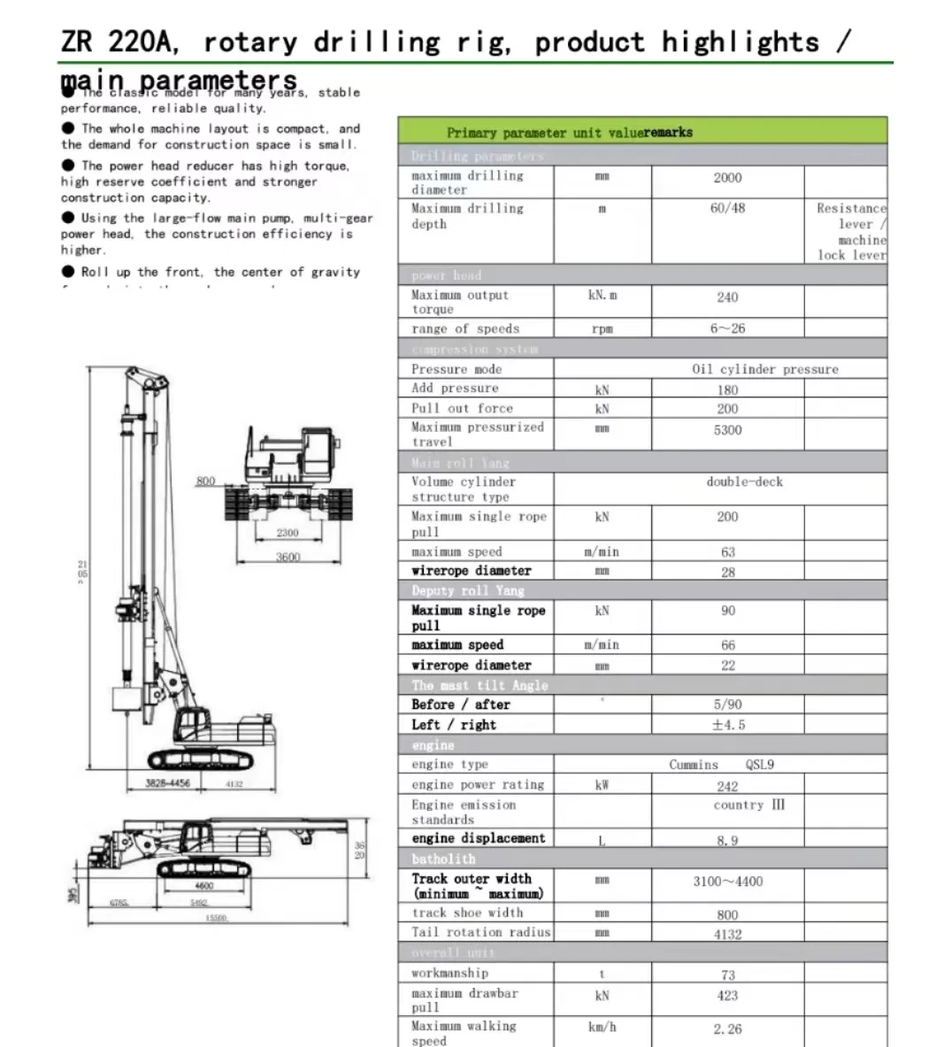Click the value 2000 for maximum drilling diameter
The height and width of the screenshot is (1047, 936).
[727, 178]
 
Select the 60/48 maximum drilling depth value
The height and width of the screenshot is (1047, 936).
[727, 209]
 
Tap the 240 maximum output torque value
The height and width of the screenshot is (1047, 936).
[727, 297]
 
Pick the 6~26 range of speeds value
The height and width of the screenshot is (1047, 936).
[727, 328]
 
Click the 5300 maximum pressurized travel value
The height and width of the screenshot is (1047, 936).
[727, 430]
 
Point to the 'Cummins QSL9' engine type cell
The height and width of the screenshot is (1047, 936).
[721, 765]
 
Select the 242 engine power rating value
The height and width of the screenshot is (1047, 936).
[727, 786]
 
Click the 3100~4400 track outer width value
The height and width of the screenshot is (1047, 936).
[727, 881]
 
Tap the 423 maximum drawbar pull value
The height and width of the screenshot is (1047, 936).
[727, 996]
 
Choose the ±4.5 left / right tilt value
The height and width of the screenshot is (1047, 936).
[729, 725]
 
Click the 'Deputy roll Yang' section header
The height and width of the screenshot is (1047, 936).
[468, 591]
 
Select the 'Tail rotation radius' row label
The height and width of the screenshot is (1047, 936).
[480, 932]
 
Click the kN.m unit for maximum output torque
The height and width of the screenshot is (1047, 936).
[602, 296]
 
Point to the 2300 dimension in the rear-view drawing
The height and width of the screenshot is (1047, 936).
[288, 533]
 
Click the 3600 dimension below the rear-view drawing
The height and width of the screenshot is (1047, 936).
[288, 557]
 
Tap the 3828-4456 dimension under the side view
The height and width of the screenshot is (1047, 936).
[167, 783]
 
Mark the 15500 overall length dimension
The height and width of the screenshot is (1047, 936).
[216, 919]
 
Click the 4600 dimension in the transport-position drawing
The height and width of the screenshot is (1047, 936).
[203, 886]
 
